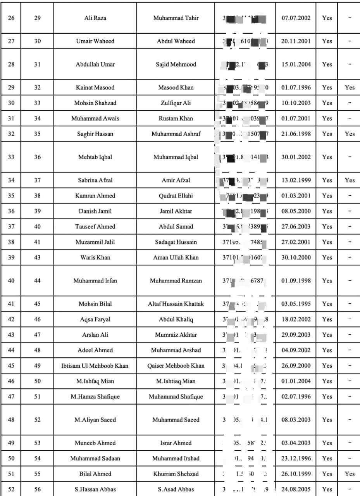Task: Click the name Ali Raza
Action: (x=95, y=18)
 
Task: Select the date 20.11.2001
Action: (x=296, y=41)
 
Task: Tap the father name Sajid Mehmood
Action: (x=176, y=64)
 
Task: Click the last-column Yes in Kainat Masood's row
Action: (x=350, y=88)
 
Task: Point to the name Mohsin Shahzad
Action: (x=95, y=103)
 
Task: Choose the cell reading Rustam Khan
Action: (x=176, y=119)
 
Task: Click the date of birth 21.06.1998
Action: (x=296, y=134)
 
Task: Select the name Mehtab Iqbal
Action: (x=95, y=157)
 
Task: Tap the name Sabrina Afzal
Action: (x=95, y=180)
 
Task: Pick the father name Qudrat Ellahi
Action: (x=176, y=196)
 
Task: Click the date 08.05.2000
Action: (x=296, y=211)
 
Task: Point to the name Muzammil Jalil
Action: (x=95, y=242)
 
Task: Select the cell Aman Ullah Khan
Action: (x=176, y=257)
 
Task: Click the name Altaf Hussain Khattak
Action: (x=176, y=304)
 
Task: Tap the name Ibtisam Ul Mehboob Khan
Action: (x=95, y=366)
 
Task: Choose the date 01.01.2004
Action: (x=296, y=381)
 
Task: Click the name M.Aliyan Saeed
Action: (x=95, y=420)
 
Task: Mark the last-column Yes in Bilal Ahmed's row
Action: (x=350, y=474)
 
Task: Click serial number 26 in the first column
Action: (x=11, y=18)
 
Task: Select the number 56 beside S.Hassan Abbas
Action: (x=37, y=489)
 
